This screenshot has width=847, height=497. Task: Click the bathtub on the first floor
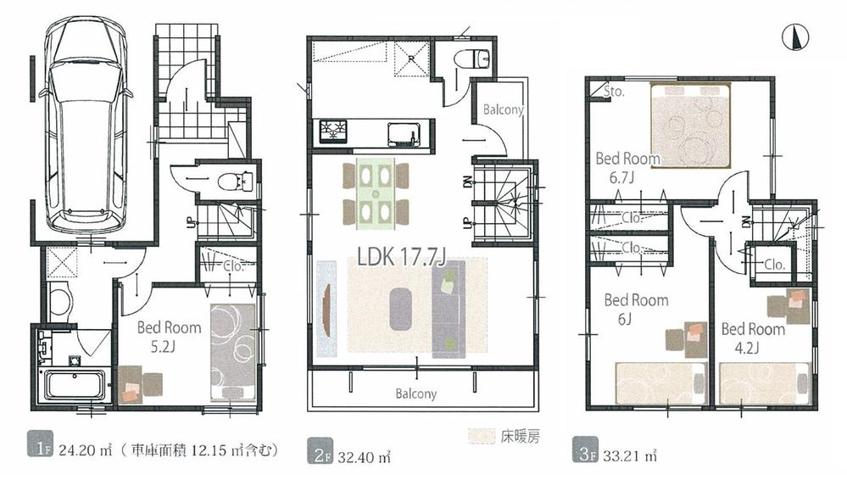coord(74,386)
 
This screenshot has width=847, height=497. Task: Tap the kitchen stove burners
coord(333,131)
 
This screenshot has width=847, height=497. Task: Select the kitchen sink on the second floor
coord(401,133)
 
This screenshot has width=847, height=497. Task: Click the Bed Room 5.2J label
coord(169,335)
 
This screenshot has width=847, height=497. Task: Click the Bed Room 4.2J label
coord(752,338)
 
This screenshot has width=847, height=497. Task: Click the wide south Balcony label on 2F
coord(415,394)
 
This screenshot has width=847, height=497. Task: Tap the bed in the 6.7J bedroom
coord(691,124)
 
